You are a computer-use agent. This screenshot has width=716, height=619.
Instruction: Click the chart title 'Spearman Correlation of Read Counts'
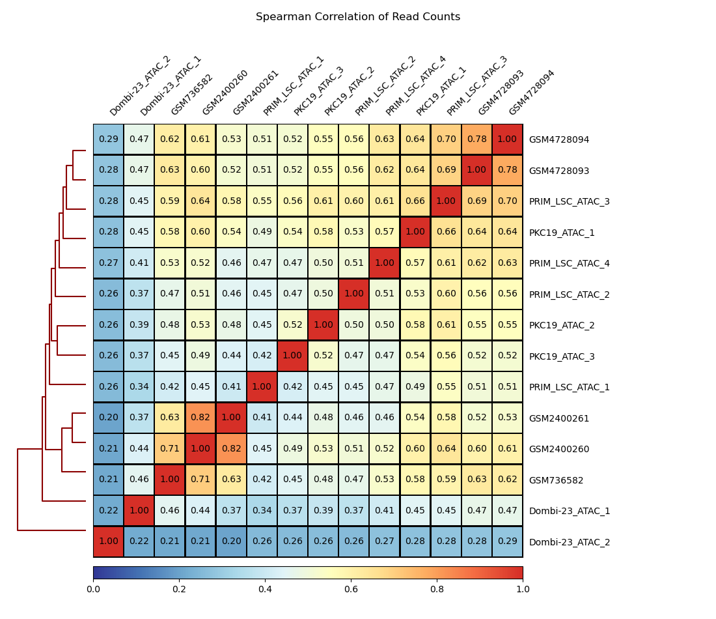click(x=357, y=17)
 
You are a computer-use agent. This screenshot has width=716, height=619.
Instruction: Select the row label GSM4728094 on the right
click(x=558, y=139)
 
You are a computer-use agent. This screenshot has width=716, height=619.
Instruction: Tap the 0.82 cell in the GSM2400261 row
click(x=200, y=418)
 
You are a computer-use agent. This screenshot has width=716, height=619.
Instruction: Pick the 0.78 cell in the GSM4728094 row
click(x=476, y=139)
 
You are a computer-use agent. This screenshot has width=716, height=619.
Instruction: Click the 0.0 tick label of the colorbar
click(x=93, y=589)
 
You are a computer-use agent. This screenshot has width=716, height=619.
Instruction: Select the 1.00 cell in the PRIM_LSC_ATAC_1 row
click(x=262, y=387)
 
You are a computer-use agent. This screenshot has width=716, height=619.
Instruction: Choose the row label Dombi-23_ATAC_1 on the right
click(x=570, y=511)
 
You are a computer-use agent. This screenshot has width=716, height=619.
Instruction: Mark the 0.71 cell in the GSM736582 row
click(x=200, y=480)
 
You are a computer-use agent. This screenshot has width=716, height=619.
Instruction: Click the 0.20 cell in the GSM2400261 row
click(x=109, y=418)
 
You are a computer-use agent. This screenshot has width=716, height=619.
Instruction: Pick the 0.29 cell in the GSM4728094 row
click(x=109, y=139)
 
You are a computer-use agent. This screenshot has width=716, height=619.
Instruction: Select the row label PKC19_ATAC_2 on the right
click(x=562, y=325)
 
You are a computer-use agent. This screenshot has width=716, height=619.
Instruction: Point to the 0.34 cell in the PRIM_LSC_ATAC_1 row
click(x=139, y=387)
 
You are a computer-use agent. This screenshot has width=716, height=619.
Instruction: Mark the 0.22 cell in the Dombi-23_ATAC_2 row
click(x=139, y=541)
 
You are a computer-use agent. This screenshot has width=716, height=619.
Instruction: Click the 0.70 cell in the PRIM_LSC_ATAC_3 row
click(x=507, y=201)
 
